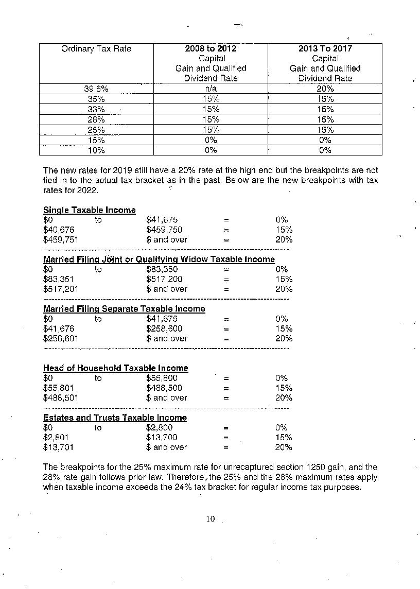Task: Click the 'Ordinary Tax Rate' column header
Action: [96, 49]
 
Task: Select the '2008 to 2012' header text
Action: [211, 49]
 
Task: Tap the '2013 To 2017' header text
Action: [325, 49]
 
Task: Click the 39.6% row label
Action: [96, 89]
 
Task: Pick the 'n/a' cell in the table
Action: [211, 89]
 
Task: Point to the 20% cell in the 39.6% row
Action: [325, 89]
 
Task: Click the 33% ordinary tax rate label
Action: [96, 109]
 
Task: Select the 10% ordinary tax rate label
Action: [96, 150]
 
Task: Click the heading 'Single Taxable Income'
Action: [90, 210]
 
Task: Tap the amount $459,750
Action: [164, 230]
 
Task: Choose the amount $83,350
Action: [162, 269]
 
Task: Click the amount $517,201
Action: [61, 289]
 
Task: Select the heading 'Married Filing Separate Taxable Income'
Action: [124, 309]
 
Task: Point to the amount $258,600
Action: [164, 328]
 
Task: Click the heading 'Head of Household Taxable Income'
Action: [116, 368]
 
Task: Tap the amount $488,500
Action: [164, 388]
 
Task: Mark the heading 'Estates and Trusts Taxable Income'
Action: [115, 418]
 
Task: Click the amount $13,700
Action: [162, 437]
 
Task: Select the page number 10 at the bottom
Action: [210, 519]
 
